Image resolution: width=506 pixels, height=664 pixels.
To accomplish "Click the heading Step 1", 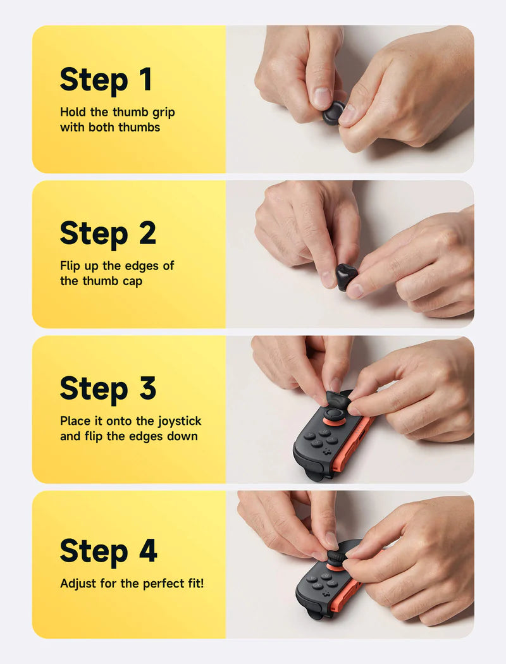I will coord(106,80).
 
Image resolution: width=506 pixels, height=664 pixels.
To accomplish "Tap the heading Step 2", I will coord(108,234).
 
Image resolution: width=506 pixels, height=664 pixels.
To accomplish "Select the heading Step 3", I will coord(108,389).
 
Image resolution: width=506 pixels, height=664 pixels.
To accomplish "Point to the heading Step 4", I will coord(108,551).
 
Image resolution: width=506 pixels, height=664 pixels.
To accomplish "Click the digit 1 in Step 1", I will coord(145,80).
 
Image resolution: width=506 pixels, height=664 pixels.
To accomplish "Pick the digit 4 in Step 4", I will coord(147,551).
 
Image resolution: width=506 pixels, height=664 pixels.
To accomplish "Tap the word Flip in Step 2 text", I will coord(70,266).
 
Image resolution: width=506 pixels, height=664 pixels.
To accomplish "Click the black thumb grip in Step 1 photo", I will coord(334,113).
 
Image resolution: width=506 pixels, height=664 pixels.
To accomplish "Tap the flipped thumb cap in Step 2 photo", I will coord(346,276).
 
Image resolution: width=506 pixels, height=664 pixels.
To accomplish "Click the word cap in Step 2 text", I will coord(131,281).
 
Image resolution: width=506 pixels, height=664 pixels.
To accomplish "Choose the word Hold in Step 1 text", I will coord(73,112).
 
